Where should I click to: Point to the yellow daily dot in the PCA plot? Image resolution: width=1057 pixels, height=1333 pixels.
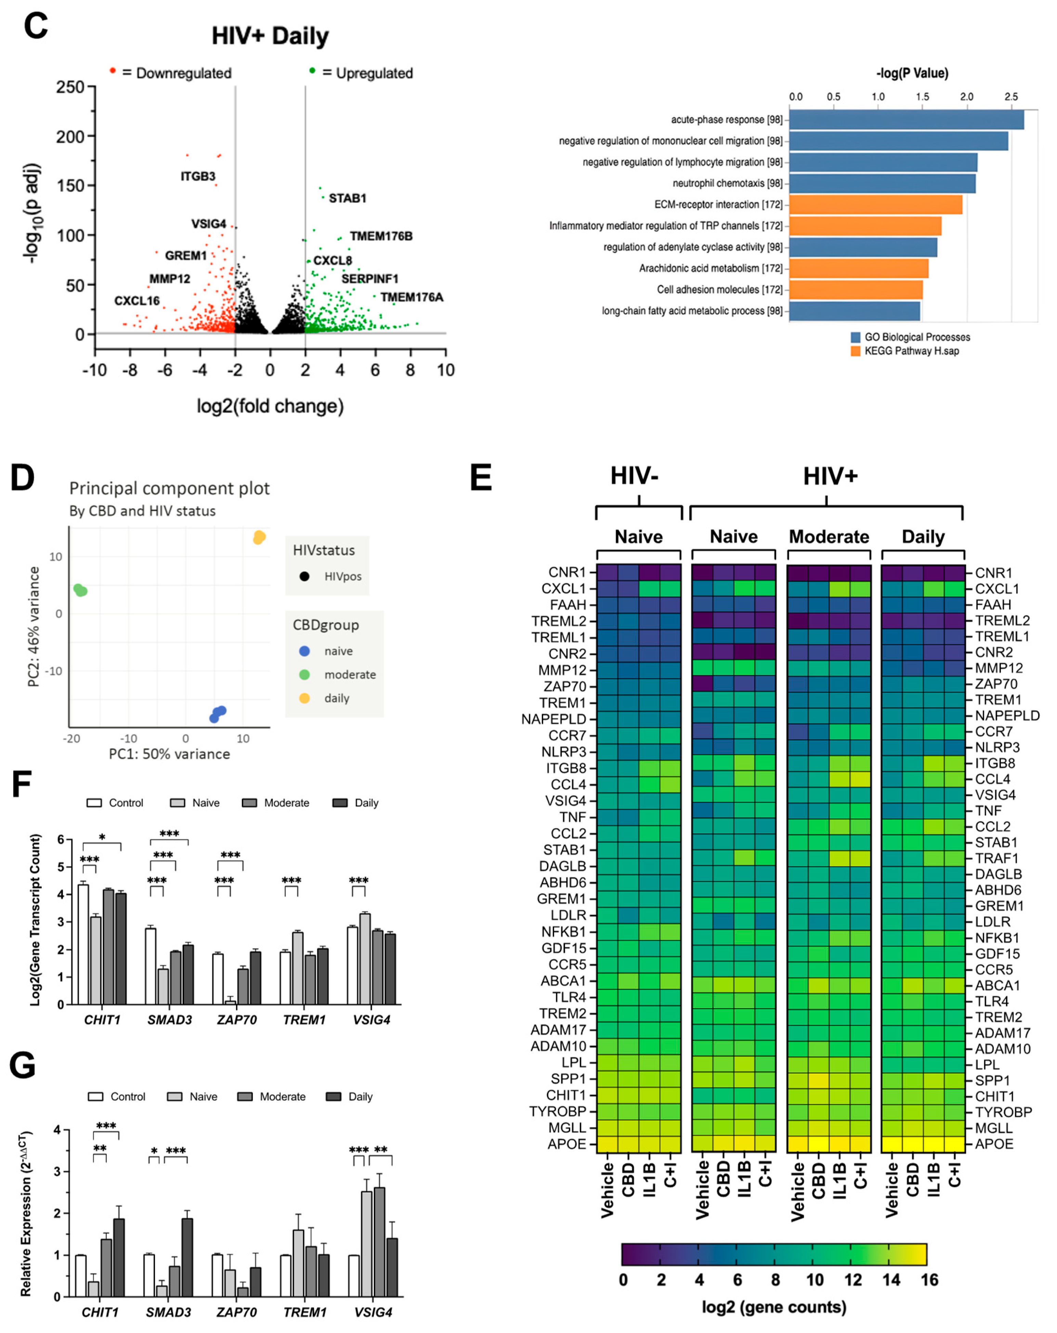pos(259,537)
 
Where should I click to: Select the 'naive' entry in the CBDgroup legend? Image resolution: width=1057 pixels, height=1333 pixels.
pos(338,651)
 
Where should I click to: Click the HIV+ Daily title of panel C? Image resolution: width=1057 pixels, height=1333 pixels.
pos(270,36)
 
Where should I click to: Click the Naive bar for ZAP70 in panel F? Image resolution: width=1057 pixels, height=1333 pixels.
pos(230,1002)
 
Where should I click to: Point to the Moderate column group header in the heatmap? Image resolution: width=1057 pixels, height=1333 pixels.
pos(828,537)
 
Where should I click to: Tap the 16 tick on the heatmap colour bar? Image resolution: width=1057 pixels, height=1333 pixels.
pos(929,1280)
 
